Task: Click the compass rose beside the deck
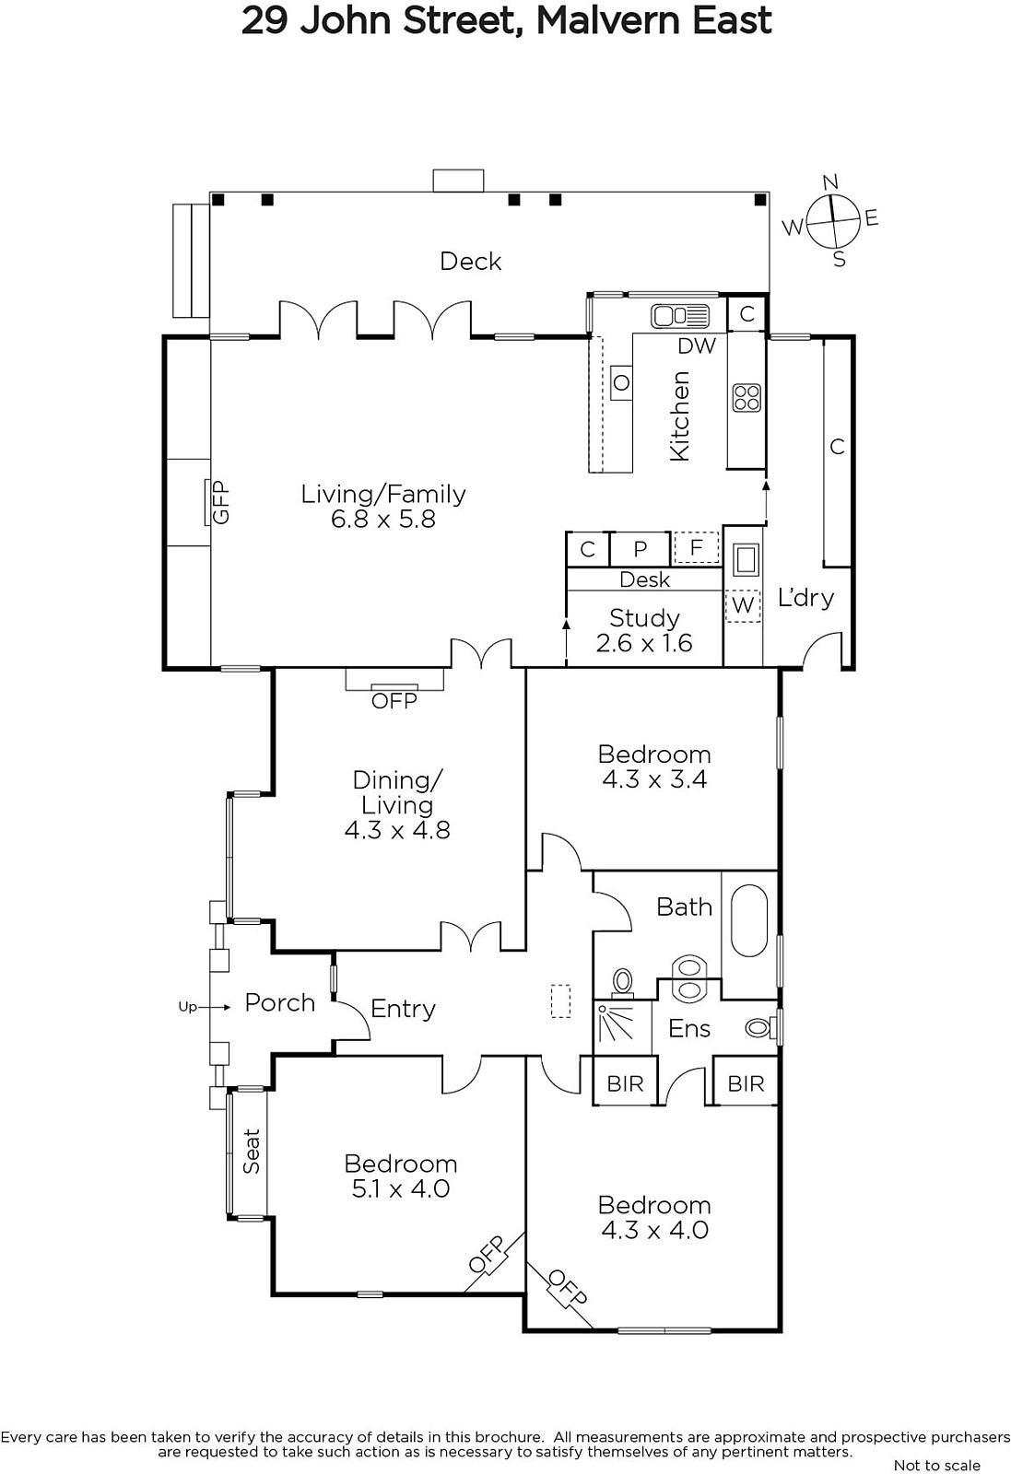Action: pos(832,220)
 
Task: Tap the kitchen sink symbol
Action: pos(680,316)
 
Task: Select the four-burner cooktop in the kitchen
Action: pos(746,398)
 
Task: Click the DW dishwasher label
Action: pos(697,346)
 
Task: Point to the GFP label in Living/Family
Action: pos(221,502)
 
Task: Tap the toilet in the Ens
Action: pos(761,1027)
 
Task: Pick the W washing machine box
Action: pos(743,604)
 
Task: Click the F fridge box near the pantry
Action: pos(696,547)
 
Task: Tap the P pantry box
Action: pos(640,549)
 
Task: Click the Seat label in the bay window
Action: pos(252,1151)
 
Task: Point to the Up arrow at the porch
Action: pos(204,1007)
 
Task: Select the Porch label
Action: pos(280,1003)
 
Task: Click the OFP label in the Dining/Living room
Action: pos(394,701)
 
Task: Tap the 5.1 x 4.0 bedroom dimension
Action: pos(400,1188)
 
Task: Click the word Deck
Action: pos(470,262)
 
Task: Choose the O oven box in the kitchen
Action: pos(621,382)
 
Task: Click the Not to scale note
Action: pos(937,1465)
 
